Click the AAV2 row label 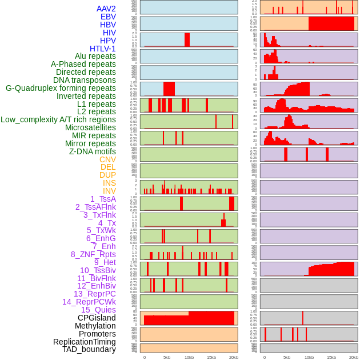[x=106, y=9]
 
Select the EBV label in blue [x=108, y=17]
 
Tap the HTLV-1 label [x=103, y=49]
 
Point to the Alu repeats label [x=95, y=56]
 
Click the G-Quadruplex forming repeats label [x=61, y=88]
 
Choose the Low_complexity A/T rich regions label [x=58, y=119]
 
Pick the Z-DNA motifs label [x=93, y=151]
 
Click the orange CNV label [x=107, y=159]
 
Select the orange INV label [x=109, y=191]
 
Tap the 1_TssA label [x=103, y=199]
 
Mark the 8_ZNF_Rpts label [x=93, y=254]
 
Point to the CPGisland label [x=97, y=318]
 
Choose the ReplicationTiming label [x=85, y=342]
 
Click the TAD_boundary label [x=89, y=349]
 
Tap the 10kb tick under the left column [x=189, y=358]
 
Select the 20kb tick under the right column [x=354, y=358]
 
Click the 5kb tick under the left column [x=167, y=358]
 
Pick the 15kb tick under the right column [x=331, y=358]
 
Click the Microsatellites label [x=90, y=127]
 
